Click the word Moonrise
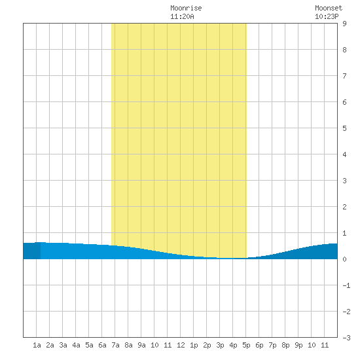(x=186, y=8)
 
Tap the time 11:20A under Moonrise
(x=182, y=16)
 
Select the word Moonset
(x=329, y=8)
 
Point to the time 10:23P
(x=327, y=16)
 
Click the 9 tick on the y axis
(x=344, y=24)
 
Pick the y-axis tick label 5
(x=344, y=128)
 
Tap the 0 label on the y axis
(x=344, y=259)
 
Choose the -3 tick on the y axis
(x=346, y=338)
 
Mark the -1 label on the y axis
(x=346, y=285)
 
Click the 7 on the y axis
(x=344, y=76)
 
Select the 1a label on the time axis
(x=37, y=345)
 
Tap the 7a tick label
(x=115, y=345)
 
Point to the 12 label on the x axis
(x=181, y=345)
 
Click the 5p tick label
(x=246, y=345)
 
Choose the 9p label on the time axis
(x=298, y=345)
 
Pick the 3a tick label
(x=63, y=345)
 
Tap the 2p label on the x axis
(x=207, y=345)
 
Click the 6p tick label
(x=259, y=345)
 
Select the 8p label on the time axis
(x=285, y=345)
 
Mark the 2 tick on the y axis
(x=344, y=207)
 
